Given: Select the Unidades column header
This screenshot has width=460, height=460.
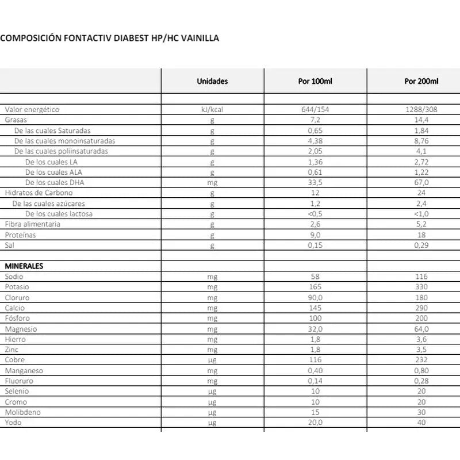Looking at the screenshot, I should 212,81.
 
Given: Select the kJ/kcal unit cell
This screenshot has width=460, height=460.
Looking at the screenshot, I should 212,109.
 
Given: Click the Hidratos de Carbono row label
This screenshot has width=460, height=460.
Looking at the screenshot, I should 39,193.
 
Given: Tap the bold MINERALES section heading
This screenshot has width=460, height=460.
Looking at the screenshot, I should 24,266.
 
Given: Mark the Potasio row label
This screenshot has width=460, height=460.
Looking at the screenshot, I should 17,287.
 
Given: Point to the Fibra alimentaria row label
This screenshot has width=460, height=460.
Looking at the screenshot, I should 33,224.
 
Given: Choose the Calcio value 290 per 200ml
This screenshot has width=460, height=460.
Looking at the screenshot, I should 421,308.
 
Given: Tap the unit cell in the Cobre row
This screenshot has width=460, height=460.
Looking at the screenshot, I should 212,360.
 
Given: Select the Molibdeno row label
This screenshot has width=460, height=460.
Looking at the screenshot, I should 22,412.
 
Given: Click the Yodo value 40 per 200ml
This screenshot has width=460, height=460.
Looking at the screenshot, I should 421,423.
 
